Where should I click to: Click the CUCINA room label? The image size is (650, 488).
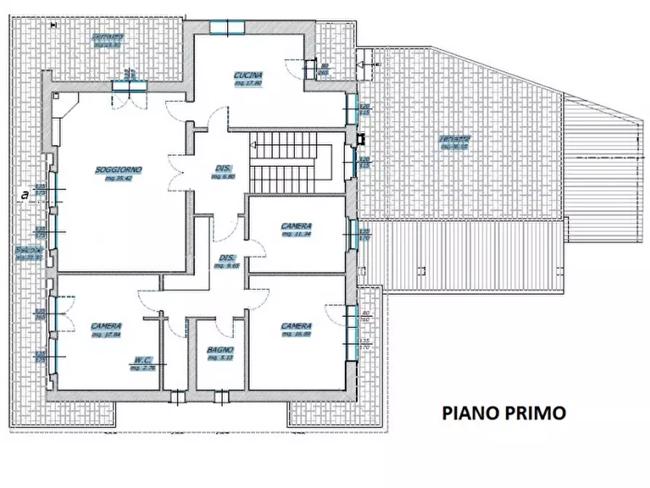coord(247,75)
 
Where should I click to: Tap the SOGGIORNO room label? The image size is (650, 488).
coord(118,170)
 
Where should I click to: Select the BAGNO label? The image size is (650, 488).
coord(220,350)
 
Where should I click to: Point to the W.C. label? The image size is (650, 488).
coord(142,359)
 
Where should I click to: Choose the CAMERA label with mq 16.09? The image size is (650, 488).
coord(296,326)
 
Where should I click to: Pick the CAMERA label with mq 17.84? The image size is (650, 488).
coord(106,326)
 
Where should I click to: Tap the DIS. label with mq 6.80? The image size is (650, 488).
coord(223,167)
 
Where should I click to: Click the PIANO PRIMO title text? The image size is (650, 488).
coord(504,413)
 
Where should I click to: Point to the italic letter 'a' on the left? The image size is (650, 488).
coord(25,194)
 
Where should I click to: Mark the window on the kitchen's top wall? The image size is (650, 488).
coord(226,28)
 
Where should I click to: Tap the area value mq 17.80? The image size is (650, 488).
coord(247,83)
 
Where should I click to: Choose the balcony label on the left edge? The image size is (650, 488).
coord(28,251)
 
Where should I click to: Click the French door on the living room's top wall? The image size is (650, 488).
coord(129,85)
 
